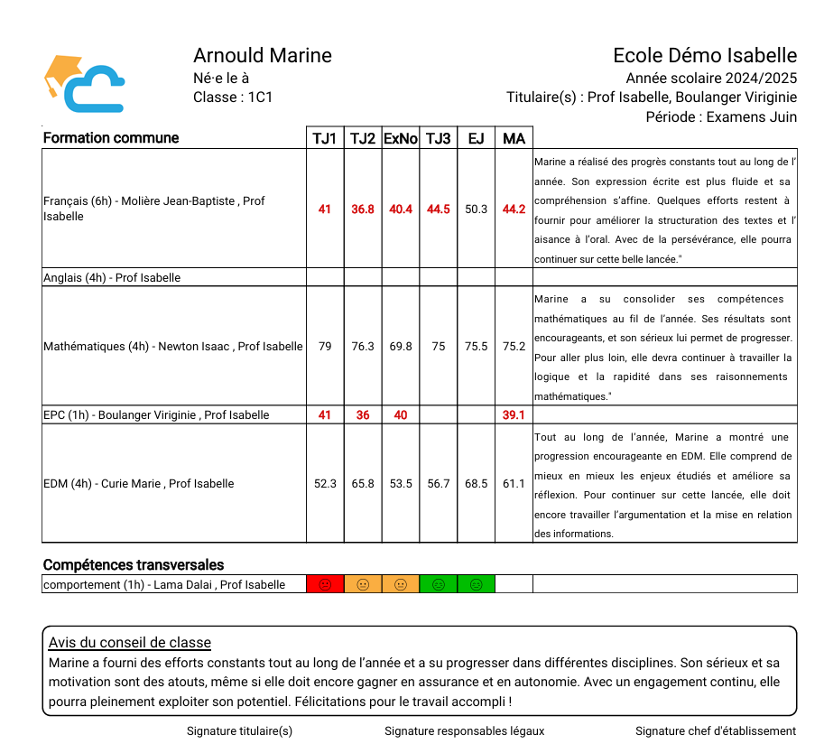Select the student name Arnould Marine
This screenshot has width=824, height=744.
pos(263,56)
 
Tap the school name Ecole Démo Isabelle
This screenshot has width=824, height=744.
pos(705,56)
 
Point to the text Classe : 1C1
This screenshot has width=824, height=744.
pos(233,98)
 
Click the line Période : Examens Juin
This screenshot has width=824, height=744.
pos(721,116)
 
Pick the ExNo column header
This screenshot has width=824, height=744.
pos(401,138)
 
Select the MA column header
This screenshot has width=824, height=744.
pos(514,138)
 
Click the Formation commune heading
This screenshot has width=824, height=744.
pos(111,138)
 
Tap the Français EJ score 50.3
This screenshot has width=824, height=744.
pos(476,209)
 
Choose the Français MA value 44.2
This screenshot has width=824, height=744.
pos(514,209)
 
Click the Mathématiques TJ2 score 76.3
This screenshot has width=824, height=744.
pos(363,347)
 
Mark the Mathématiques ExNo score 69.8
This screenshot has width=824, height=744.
pos(401,347)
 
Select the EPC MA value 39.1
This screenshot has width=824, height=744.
pos(514,415)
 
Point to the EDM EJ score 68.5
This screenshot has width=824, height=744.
pos(476,484)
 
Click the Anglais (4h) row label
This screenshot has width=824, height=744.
pos(112,278)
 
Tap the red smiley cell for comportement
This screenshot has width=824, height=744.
pos(325,585)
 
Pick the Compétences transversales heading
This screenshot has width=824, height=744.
pos(134,565)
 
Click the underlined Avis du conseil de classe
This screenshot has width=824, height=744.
pos(130,643)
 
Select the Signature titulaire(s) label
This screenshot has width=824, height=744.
pos(239,731)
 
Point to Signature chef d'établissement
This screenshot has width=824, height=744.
pos(715,731)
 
